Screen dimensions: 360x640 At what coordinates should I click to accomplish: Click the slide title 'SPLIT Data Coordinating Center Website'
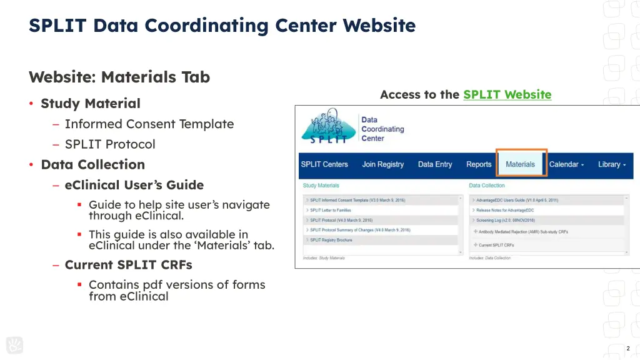pyautogui.click(x=222, y=26)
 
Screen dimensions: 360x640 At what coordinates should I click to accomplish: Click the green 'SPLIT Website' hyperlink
pyautogui.click(x=507, y=94)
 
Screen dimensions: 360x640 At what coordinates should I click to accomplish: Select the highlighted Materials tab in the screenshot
pyautogui.click(x=521, y=164)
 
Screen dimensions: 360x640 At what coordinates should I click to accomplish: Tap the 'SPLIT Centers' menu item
pyautogui.click(x=324, y=164)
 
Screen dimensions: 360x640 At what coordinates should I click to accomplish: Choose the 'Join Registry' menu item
pyautogui.click(x=383, y=164)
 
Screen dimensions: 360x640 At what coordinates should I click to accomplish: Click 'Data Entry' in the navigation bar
pyautogui.click(x=435, y=164)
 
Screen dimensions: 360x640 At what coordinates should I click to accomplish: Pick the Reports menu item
pyautogui.click(x=479, y=164)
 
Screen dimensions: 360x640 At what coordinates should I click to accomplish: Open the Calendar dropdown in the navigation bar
pyautogui.click(x=566, y=164)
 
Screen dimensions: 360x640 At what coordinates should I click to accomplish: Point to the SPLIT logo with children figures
pyautogui.click(x=326, y=127)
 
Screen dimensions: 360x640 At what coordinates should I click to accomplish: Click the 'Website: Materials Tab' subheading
pyautogui.click(x=119, y=77)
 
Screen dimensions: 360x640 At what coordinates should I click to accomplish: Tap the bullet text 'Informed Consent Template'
pyautogui.click(x=149, y=124)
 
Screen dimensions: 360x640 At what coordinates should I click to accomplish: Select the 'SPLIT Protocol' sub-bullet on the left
pyautogui.click(x=110, y=144)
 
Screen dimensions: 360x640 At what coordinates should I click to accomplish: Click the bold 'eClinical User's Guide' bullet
pyautogui.click(x=134, y=185)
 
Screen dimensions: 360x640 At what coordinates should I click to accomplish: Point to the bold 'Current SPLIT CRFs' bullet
pyautogui.click(x=128, y=264)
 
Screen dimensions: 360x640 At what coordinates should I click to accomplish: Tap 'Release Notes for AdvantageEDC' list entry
pyautogui.click(x=505, y=211)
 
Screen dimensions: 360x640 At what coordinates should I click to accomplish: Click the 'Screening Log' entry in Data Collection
pyautogui.click(x=506, y=221)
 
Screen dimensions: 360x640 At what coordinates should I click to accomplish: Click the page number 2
pyautogui.click(x=627, y=348)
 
